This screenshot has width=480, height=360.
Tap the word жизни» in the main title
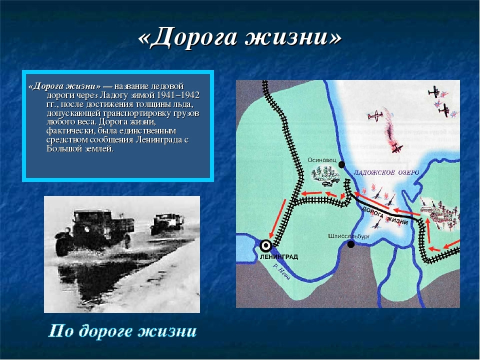coord(293,37)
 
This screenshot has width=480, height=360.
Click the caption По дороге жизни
coord(122,331)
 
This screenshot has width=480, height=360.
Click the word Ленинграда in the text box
coord(158,140)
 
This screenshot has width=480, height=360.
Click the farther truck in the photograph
coord(167,224)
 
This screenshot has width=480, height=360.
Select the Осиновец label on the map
coord(321,160)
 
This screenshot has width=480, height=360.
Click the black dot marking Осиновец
coord(341,164)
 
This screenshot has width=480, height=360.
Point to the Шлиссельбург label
coord(348,236)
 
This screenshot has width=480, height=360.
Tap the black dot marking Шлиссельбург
coord(351,244)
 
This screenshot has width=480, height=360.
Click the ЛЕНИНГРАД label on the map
coord(279,257)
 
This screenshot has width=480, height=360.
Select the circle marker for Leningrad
coord(265,245)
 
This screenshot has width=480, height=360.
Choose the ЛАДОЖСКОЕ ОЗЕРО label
coord(386,172)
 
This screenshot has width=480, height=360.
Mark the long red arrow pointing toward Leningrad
coord(277,218)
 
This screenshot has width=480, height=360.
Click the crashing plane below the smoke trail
coord(397,148)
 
